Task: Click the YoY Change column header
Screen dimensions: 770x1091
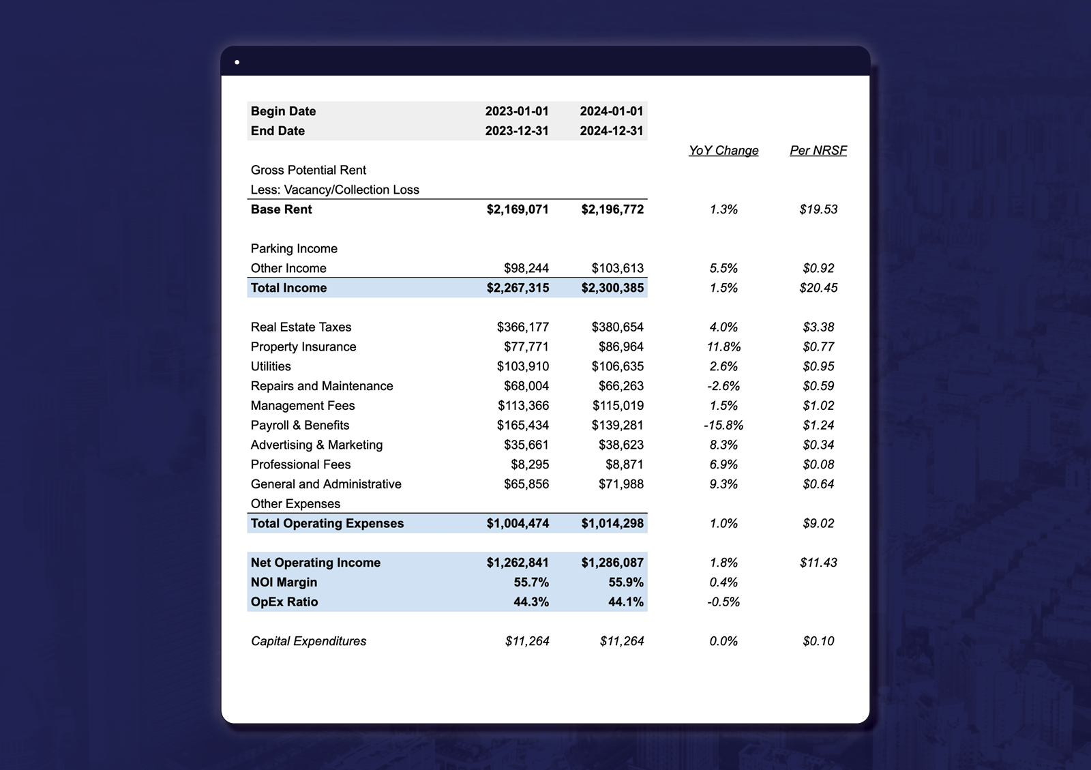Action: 723,151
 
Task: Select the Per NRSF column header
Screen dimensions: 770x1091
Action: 818,151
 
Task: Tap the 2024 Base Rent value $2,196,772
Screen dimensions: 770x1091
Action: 612,209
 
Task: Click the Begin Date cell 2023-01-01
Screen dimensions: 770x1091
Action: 516,111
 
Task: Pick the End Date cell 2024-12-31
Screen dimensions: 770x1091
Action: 611,131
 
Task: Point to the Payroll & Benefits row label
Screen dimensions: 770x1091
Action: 299,426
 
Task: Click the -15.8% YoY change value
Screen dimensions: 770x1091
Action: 723,426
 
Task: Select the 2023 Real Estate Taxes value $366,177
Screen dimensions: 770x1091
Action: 522,327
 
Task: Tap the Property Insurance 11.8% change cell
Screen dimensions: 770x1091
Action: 723,347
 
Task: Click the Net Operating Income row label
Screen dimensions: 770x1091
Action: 315,563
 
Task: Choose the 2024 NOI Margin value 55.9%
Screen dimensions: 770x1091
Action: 625,582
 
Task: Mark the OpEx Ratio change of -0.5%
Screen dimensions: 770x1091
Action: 723,602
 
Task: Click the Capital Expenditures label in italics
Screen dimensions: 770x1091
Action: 308,641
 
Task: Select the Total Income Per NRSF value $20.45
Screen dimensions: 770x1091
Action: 818,288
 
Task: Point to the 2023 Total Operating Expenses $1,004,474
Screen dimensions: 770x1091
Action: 517,524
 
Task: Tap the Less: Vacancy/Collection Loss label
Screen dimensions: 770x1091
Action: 334,190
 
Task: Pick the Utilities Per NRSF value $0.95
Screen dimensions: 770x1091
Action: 818,366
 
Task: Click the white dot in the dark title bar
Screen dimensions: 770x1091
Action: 237,62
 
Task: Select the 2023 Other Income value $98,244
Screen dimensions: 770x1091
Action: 526,269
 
